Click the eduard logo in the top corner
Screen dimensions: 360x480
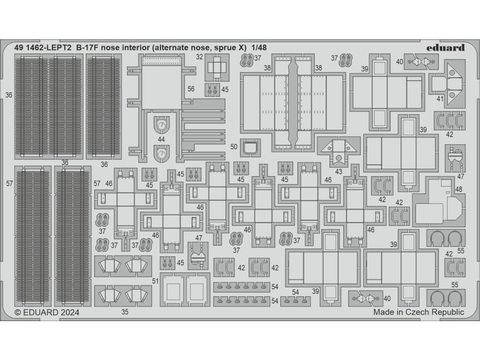pos(446,47)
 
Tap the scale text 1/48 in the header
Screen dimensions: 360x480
pos(258,48)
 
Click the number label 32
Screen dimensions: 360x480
pos(199,58)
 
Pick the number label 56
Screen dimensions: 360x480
pos(191,89)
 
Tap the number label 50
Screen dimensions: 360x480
pos(234,146)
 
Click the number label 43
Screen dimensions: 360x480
pos(338,172)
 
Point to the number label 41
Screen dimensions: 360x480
pos(439,99)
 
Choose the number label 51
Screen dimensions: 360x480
pos(155,280)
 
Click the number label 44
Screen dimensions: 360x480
pos(161,139)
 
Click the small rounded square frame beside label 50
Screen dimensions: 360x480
pos(250,146)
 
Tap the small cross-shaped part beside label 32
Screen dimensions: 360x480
pos(216,68)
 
